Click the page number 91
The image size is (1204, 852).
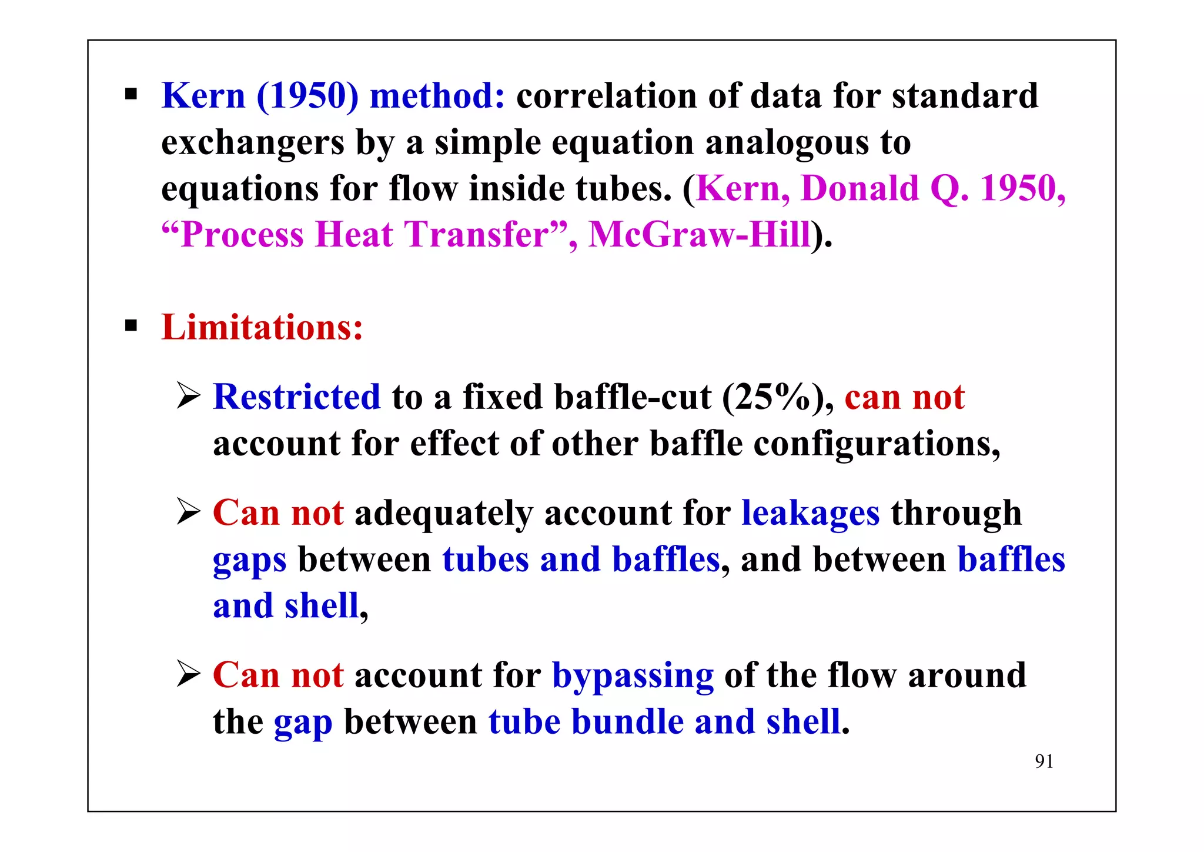tap(1044, 761)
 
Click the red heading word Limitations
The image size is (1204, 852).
tap(262, 327)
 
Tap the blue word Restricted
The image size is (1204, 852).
tap(297, 397)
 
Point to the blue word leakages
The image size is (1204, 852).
tap(811, 513)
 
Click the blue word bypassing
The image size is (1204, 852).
tap(633, 675)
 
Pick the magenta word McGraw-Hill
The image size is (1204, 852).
tap(700, 234)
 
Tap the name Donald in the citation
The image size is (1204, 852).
tap(860, 188)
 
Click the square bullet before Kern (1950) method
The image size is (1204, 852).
tap(131, 94)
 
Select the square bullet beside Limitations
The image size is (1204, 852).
tap(131, 325)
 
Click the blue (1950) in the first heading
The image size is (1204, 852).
tap(307, 95)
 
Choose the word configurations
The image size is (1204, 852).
tap(877, 444)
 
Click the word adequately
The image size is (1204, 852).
tap(444, 513)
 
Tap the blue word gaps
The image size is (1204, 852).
tap(250, 560)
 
